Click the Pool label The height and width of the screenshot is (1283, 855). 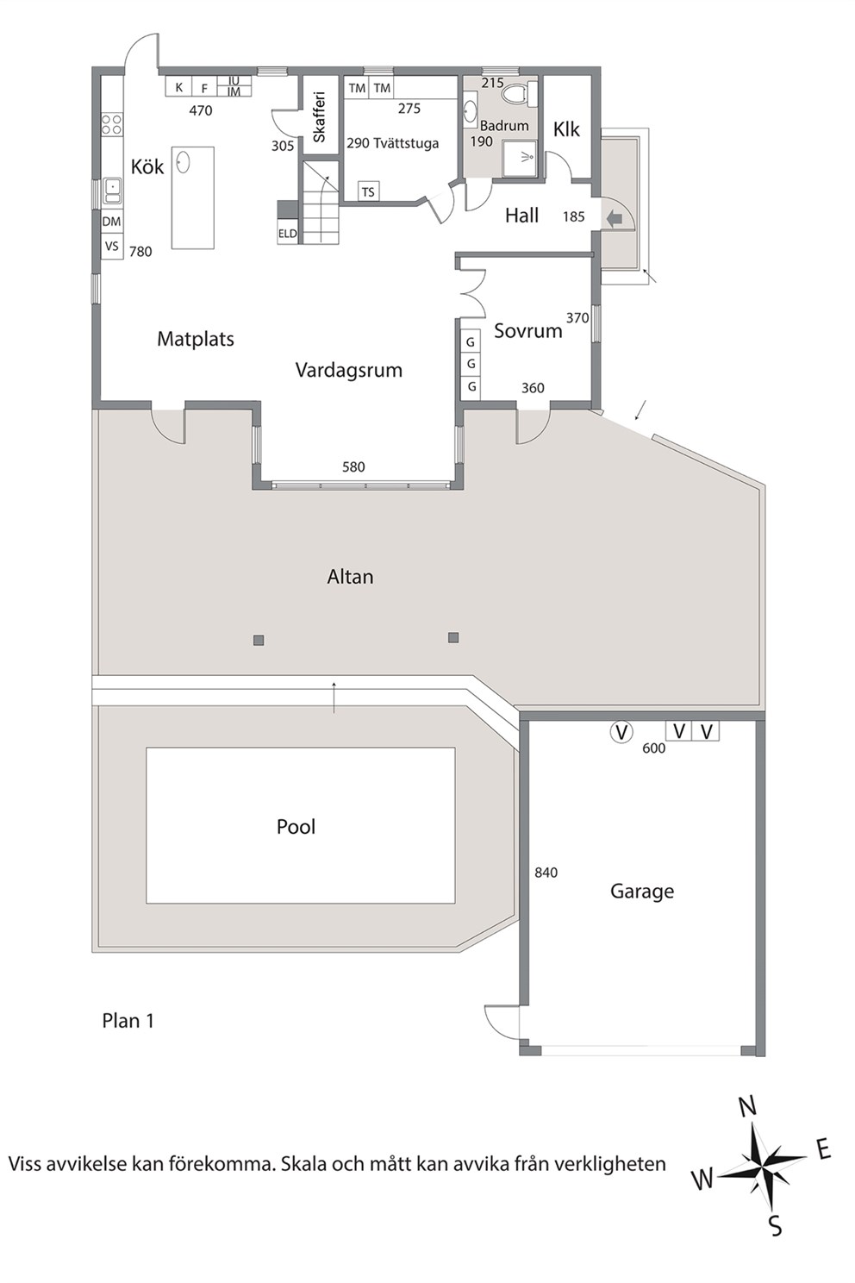(x=296, y=827)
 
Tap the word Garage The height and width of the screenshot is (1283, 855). (x=642, y=892)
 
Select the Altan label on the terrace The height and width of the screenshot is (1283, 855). (x=350, y=576)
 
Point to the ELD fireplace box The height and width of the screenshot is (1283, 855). (x=288, y=233)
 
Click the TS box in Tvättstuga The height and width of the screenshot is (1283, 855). (x=368, y=192)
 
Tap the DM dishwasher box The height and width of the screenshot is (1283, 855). (x=112, y=221)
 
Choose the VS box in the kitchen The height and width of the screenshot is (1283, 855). (x=112, y=247)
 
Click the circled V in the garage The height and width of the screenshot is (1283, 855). (x=621, y=731)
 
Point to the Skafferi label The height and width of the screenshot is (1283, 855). (x=319, y=116)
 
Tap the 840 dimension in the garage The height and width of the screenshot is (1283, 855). (x=546, y=873)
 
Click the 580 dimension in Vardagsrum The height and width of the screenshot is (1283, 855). (x=353, y=466)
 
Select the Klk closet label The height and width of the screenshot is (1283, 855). (x=566, y=129)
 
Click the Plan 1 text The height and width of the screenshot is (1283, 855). (x=128, y=1021)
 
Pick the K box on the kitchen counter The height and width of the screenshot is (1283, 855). (x=178, y=87)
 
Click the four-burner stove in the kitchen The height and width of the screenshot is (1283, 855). (x=112, y=124)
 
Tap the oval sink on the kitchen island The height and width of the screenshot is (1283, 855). (x=184, y=161)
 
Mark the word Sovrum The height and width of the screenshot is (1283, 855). (x=528, y=330)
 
